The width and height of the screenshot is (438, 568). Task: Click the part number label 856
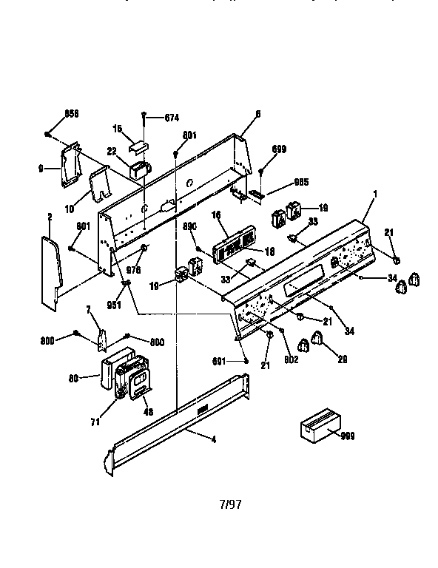pos(71,113)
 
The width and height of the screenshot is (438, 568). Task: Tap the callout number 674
pos(171,118)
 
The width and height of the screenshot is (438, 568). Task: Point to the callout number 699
pos(278,149)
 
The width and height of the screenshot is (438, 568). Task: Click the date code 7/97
pos(230,505)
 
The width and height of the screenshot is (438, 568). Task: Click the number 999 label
pos(348,437)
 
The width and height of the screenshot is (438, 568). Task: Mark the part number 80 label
pos(74,378)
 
